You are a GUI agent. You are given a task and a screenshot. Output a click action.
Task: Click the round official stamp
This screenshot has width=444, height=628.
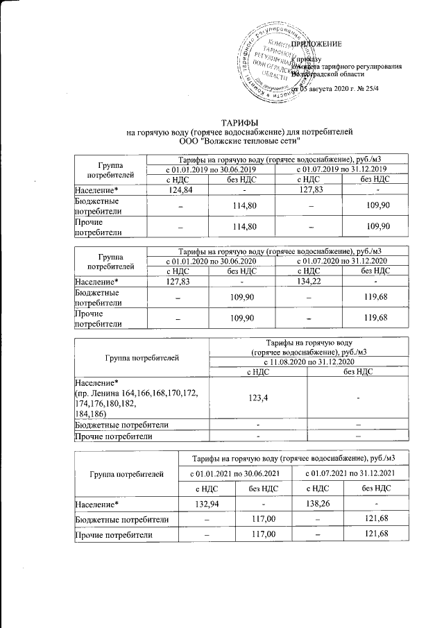point(271,62)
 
